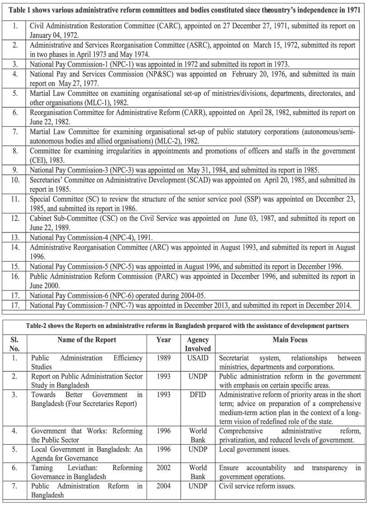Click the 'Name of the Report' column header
coord(87,340)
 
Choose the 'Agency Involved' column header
coord(198,344)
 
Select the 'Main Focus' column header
coord(290,340)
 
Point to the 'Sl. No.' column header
coord(15,344)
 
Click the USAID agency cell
coord(198,358)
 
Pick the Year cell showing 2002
coord(164,468)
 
